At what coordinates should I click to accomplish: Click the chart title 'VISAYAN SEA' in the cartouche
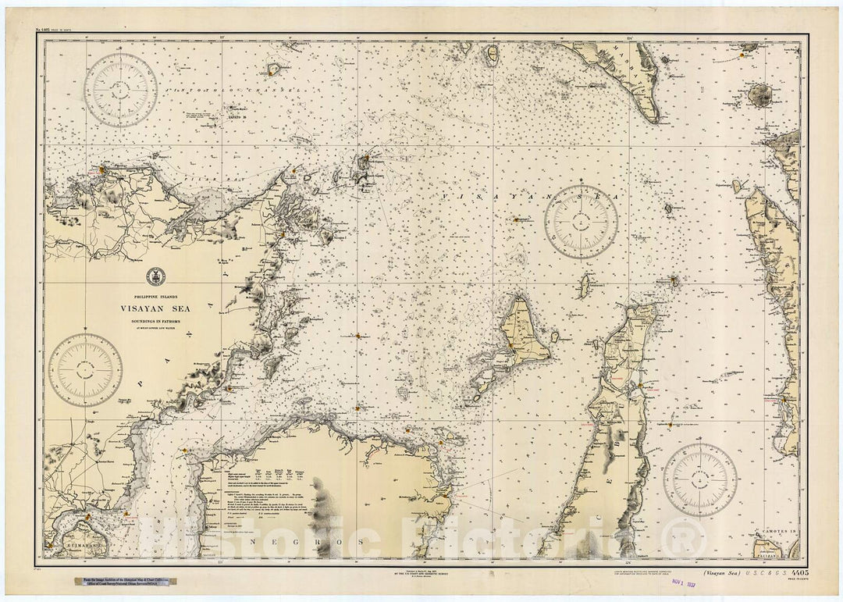click(x=155, y=308)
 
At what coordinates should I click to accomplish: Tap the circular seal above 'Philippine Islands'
click(x=155, y=276)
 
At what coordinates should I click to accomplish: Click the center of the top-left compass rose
click(x=121, y=90)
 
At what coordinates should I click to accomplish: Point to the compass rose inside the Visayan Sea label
click(x=581, y=222)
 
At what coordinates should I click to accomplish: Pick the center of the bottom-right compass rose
click(x=700, y=479)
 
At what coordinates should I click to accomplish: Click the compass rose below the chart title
click(x=85, y=370)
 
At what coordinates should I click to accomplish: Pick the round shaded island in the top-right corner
click(x=759, y=95)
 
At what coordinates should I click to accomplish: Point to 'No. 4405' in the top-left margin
click(x=49, y=32)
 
